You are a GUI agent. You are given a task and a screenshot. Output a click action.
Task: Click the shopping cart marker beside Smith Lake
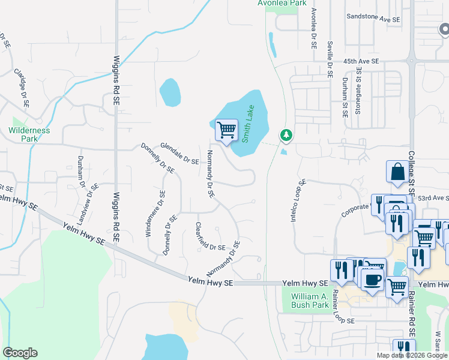tap(226, 130)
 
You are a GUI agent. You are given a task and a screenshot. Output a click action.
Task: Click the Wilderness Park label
tap(29, 134)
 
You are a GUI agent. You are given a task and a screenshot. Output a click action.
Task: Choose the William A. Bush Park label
tap(310, 301)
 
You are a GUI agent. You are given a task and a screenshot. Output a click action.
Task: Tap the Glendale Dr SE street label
tap(179, 153)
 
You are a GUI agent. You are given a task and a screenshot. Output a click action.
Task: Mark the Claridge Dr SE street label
tap(22, 88)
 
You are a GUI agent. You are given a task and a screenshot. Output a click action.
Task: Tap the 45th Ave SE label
tap(361, 61)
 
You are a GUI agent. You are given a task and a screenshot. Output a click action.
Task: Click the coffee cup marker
tap(372, 280)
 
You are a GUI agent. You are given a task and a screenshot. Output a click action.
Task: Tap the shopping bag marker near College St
tap(396, 172)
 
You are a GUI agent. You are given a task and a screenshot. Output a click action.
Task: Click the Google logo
tap(20, 353)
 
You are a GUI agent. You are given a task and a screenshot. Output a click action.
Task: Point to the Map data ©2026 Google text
tap(412, 355)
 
